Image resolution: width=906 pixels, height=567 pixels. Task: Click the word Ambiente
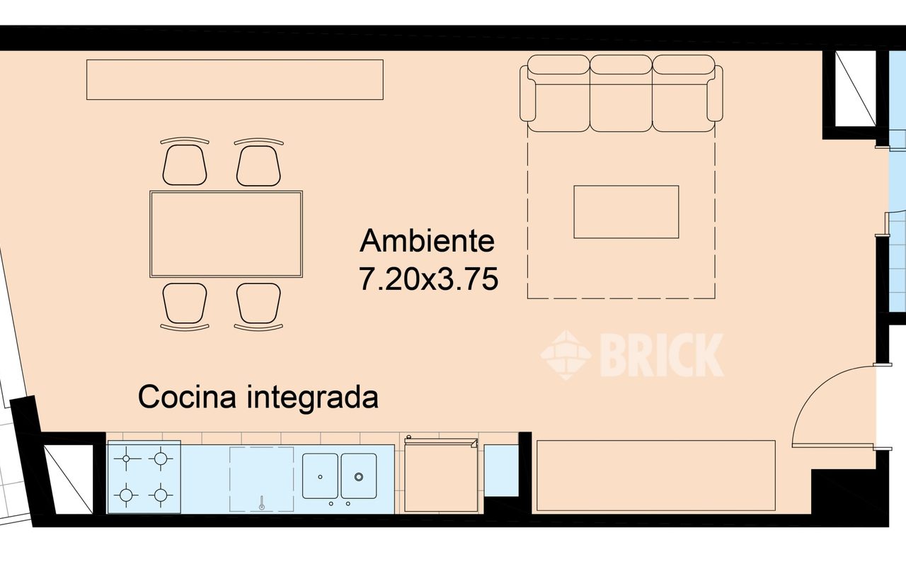pos(427,241)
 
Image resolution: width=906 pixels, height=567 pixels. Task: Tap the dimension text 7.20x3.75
pos(428,280)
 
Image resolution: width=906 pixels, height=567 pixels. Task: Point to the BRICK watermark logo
pos(632,354)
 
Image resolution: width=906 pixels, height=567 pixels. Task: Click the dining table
pos(226,234)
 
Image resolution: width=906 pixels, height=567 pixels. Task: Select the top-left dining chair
pos(185,164)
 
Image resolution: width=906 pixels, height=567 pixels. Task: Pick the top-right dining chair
pos(258,164)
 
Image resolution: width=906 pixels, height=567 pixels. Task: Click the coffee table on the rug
pos(626,212)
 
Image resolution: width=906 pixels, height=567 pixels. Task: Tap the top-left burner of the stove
pos(127,459)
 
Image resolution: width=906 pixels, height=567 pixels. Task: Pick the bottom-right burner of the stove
pos(161,494)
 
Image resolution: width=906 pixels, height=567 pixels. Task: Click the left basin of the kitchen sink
pos(321,476)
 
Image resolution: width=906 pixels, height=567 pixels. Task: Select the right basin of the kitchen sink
pos(359,476)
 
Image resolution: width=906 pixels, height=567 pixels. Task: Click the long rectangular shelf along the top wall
pos(234,79)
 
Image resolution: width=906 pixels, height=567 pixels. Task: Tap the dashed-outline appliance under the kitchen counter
pos(261,478)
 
